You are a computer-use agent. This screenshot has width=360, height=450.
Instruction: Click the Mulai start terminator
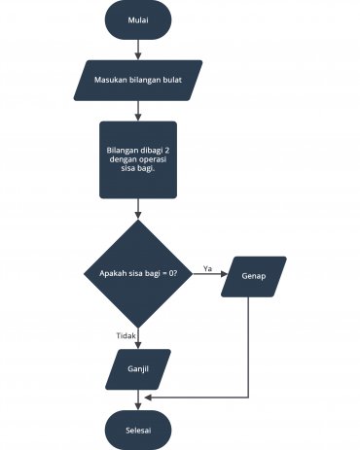138,21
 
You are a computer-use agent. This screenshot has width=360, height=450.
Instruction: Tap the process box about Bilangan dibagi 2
138,159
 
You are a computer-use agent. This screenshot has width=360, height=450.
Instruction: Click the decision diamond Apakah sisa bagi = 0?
138,274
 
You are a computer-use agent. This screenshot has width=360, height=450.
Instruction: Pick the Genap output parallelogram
254,275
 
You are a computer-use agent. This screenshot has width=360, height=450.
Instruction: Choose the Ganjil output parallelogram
138,369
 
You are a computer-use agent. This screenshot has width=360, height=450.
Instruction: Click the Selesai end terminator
138,428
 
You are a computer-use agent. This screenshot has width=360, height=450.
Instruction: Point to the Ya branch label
207,267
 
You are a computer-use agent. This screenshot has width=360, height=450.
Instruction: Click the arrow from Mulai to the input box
138,50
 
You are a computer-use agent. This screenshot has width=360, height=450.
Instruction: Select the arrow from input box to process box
138,110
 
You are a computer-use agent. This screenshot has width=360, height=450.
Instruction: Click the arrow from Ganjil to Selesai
138,398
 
